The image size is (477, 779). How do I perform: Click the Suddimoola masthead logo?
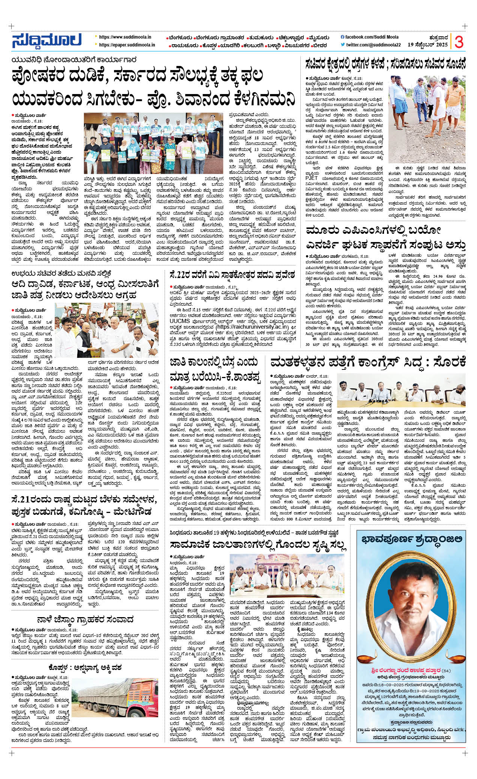(46, 41)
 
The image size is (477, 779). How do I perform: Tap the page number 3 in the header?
(459, 42)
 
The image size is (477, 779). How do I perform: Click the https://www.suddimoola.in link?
(125, 37)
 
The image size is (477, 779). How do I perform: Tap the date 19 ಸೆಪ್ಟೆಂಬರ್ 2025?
(427, 45)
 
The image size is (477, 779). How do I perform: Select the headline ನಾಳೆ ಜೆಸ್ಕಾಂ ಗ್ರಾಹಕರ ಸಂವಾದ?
(85, 619)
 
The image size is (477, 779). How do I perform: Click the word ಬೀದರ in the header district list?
(320, 46)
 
